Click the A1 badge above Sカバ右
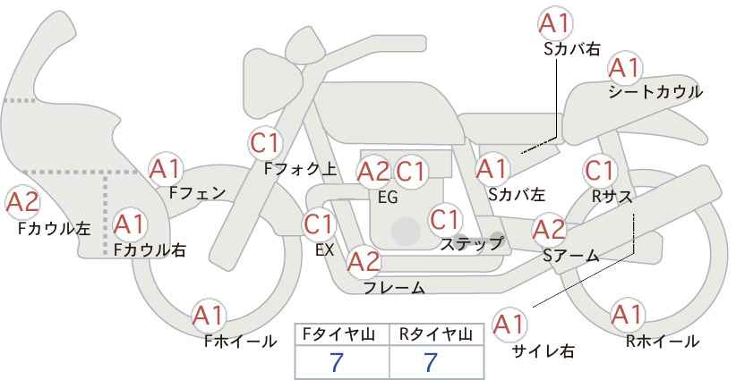555,23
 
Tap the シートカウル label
655,92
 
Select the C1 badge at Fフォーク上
265,143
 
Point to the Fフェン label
197,193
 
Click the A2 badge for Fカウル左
22,203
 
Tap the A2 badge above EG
373,172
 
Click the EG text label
388,198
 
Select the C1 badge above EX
319,224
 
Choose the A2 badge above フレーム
364,261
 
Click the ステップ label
471,244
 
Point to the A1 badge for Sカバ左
492,169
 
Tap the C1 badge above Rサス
600,171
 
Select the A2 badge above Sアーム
550,230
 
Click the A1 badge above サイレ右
509,325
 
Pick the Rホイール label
663,342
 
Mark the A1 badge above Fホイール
209,316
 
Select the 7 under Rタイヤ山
430,362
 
